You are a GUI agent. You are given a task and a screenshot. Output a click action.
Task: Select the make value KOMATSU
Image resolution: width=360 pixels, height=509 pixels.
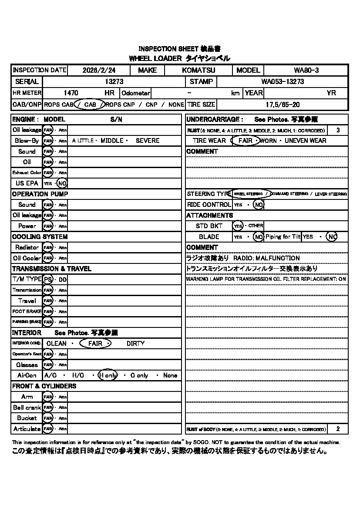(x=199, y=70)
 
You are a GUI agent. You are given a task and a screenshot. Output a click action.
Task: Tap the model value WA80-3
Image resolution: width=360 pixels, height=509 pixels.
(x=306, y=70)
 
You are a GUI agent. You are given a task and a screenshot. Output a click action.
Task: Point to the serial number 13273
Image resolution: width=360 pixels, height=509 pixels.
(x=114, y=81)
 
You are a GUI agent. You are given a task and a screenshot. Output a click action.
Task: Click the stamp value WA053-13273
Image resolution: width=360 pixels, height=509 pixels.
(x=283, y=81)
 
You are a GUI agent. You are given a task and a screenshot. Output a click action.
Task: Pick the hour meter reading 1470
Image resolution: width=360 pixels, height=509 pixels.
(x=71, y=93)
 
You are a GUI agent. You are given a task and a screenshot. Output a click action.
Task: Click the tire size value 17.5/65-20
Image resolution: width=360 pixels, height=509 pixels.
(x=283, y=104)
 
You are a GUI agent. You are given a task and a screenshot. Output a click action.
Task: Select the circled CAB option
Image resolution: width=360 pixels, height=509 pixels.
(x=90, y=104)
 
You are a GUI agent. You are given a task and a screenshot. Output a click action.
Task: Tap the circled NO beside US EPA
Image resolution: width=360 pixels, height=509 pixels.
(x=62, y=183)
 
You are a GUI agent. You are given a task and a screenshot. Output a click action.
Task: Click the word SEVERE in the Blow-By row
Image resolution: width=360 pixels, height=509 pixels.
(x=148, y=141)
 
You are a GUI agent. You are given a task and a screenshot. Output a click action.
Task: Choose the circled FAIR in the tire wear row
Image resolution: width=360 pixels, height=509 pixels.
(x=245, y=141)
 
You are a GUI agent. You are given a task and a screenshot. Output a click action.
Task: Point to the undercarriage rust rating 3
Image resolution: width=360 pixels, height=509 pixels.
(x=338, y=130)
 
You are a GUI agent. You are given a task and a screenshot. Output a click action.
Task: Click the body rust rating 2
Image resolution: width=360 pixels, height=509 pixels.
(x=338, y=429)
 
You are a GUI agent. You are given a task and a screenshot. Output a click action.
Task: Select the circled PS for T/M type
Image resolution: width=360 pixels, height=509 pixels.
(x=48, y=279)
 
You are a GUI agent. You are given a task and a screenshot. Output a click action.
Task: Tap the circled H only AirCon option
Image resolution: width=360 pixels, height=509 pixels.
(x=108, y=375)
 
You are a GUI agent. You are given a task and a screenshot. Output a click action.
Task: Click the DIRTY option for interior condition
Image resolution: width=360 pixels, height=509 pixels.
(x=135, y=344)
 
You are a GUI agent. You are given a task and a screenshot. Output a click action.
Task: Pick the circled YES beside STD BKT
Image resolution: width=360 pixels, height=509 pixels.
(x=237, y=226)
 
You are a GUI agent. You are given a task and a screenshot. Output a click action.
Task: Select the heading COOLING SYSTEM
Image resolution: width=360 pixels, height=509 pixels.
(x=40, y=237)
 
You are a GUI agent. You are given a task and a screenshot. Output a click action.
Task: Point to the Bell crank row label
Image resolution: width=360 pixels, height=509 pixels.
(x=27, y=408)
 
